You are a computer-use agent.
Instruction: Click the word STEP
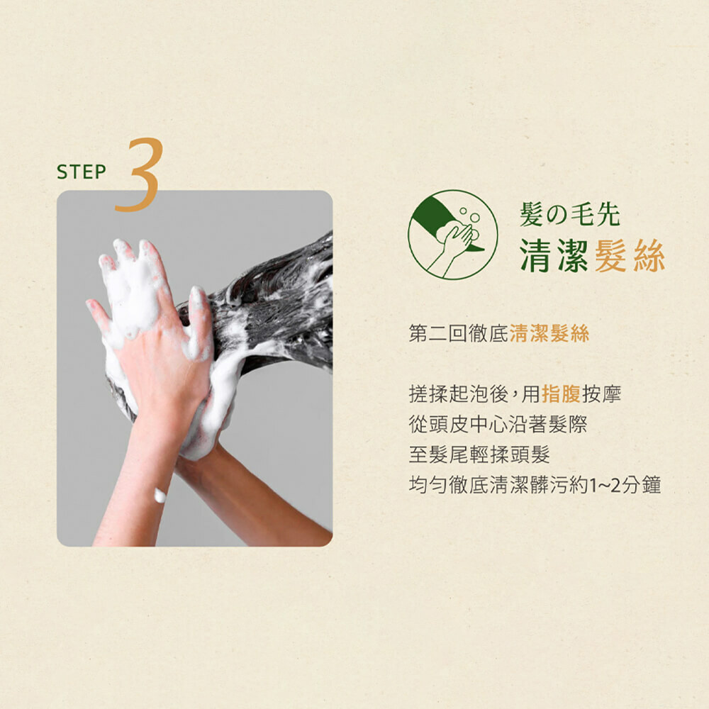pos(82,172)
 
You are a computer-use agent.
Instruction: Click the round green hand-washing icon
pos(452,235)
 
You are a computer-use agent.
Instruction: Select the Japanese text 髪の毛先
pos(570,214)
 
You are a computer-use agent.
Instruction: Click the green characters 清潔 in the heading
pos(554,255)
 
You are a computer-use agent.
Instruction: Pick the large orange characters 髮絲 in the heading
pos(630,255)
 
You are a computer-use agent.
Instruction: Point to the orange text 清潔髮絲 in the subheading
pos(549,334)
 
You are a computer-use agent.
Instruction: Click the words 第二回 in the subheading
pos(438,334)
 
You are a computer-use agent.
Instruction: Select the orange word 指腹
pos(561,393)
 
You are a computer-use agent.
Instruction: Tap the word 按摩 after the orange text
pos(601,393)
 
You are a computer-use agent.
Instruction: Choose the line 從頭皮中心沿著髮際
pos(498,424)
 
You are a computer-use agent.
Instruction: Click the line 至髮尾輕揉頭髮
pos(479,454)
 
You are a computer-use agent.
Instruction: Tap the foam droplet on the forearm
pos(160,495)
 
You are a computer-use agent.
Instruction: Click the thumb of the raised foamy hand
pos(97,313)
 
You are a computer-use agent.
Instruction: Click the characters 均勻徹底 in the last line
pos(448,485)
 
